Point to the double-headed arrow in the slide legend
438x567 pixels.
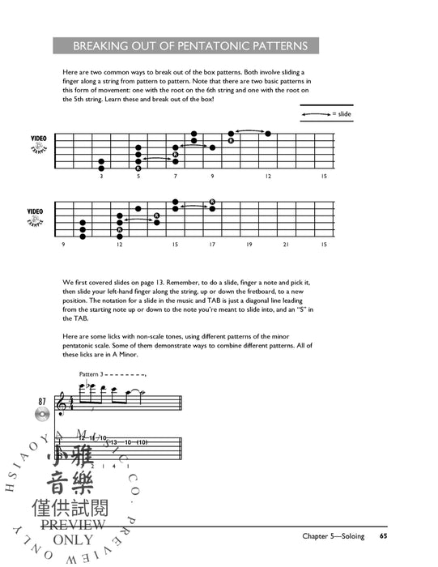tap(316, 115)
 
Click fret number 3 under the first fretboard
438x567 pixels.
tap(101, 176)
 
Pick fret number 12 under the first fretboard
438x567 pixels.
tap(267, 176)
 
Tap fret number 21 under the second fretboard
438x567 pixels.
tap(286, 244)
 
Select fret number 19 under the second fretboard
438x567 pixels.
tap(249, 244)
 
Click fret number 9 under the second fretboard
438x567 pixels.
tap(63, 244)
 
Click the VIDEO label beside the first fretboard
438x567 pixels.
tap(38, 139)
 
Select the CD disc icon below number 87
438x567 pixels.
tap(41, 416)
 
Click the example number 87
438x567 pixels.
tap(41, 401)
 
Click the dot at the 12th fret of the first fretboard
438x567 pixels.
tap(268, 134)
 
